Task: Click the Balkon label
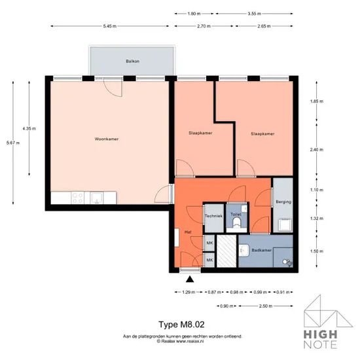click(x=132, y=62)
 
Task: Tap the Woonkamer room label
click(x=107, y=139)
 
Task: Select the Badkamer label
click(x=262, y=250)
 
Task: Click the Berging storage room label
click(x=283, y=202)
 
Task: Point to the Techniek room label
click(x=213, y=216)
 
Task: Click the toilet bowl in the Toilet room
click(x=236, y=223)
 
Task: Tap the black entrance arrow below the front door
click(x=190, y=279)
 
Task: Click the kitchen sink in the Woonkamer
click(x=97, y=198)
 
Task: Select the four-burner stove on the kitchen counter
click(x=78, y=198)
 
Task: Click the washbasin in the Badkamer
click(x=243, y=250)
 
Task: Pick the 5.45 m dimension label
click(x=110, y=26)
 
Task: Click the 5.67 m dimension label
click(x=13, y=143)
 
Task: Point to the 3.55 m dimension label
click(x=255, y=14)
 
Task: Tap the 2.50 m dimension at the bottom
click(x=266, y=306)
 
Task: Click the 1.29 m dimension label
click(x=189, y=293)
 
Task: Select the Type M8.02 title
click(x=181, y=325)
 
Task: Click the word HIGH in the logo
click(x=321, y=334)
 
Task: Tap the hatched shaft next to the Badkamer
click(x=226, y=251)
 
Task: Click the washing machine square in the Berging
click(x=285, y=225)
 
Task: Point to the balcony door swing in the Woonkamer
click(x=113, y=87)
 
